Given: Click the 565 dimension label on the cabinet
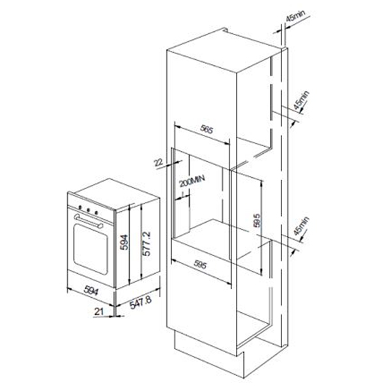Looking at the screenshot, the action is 207,130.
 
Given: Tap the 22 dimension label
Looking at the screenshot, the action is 158,162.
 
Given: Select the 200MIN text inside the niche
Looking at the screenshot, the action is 192,181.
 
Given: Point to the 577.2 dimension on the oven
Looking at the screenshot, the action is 147,244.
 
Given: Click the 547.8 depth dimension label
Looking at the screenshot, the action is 140,302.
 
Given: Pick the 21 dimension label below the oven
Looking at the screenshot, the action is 99,311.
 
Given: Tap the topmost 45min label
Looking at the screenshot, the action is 295,16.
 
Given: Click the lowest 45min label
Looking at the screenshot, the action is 301,226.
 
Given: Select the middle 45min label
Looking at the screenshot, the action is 301,100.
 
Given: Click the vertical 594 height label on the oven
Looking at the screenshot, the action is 124,242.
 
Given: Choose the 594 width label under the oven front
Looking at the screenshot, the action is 91,290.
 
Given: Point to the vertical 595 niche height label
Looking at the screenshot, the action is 257,220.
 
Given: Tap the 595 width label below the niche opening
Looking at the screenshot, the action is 200,265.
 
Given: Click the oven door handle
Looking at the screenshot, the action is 89,221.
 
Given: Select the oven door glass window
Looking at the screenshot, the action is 91,248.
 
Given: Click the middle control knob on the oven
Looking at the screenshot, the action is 88,210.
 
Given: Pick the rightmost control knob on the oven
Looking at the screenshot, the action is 96,212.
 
